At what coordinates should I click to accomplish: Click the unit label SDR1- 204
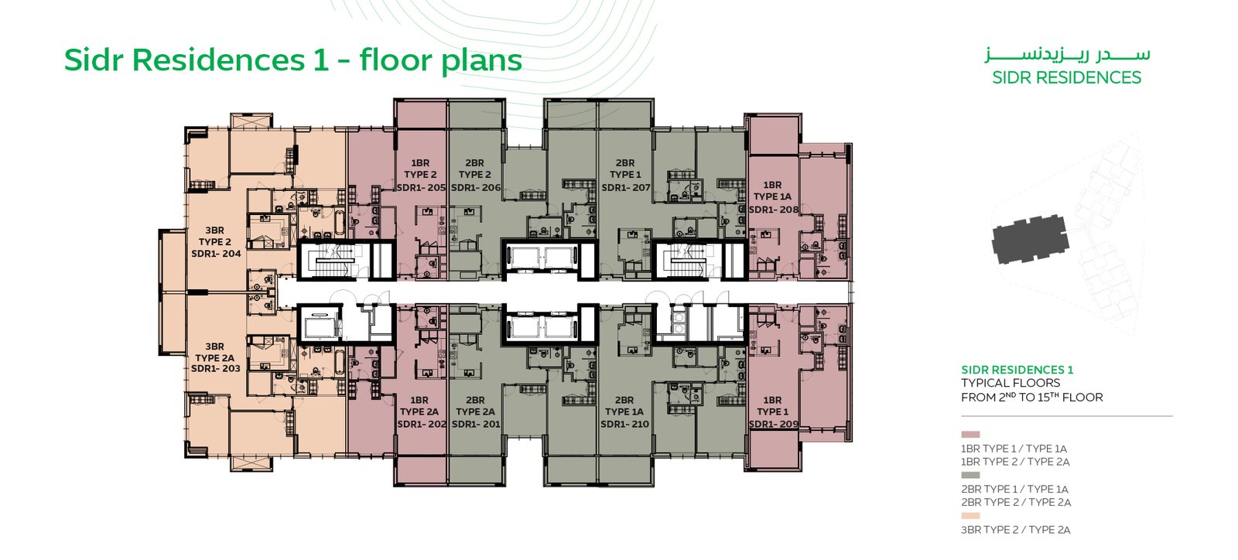pos(216,254)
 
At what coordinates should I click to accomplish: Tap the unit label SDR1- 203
pos(216,368)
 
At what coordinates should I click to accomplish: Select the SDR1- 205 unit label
pos(421,188)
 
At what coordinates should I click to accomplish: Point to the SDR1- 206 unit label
pos(476,188)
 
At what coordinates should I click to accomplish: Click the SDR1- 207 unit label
pos(626,188)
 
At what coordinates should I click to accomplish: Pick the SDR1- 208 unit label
pos(774,210)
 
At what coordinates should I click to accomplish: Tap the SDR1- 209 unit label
pos(774,424)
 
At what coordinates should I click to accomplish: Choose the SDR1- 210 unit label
pos(624,424)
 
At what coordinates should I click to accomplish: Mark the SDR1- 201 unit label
pos(476,424)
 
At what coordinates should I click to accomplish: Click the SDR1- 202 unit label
pos(422,424)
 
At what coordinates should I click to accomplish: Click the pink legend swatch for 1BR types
pos(970,435)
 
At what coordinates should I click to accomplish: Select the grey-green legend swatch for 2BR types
pos(970,475)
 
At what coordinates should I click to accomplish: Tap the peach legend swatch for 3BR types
pos(970,516)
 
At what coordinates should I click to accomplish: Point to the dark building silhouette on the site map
pos(1030,239)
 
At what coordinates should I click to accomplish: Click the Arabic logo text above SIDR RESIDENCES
pos(1067,56)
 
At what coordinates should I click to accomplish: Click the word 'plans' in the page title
pos(480,61)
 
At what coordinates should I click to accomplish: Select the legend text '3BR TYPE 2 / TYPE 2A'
pos(1016,530)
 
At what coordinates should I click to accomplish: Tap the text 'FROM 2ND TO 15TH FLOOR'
pos(1032,397)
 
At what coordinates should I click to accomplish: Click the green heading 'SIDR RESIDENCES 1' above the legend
pos(1017,370)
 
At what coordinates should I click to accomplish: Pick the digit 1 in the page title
pos(320,60)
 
